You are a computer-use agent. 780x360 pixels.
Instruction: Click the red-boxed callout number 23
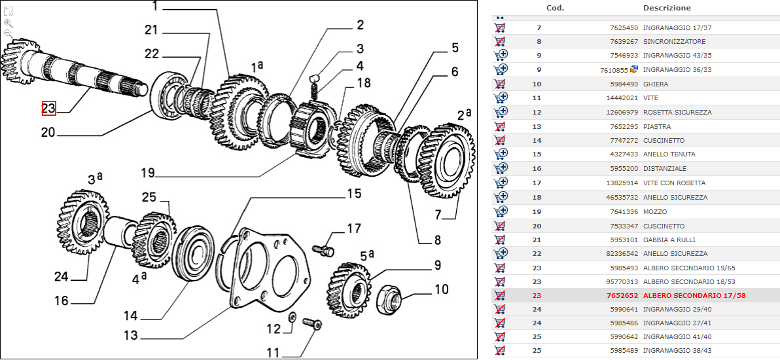click(x=49, y=109)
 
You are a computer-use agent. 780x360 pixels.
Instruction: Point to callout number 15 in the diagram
click(x=354, y=194)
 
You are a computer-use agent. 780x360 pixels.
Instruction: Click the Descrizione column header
click(x=666, y=8)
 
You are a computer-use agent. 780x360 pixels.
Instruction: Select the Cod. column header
click(x=555, y=8)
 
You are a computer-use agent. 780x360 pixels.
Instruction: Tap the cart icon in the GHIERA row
click(x=501, y=84)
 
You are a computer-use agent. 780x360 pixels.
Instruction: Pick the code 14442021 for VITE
click(x=623, y=98)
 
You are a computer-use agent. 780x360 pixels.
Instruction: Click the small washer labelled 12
click(x=291, y=317)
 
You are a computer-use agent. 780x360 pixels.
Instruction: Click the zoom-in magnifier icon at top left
click(x=9, y=22)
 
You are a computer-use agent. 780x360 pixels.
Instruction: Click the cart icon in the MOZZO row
click(x=501, y=211)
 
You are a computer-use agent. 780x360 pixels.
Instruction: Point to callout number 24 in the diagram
click(x=61, y=277)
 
